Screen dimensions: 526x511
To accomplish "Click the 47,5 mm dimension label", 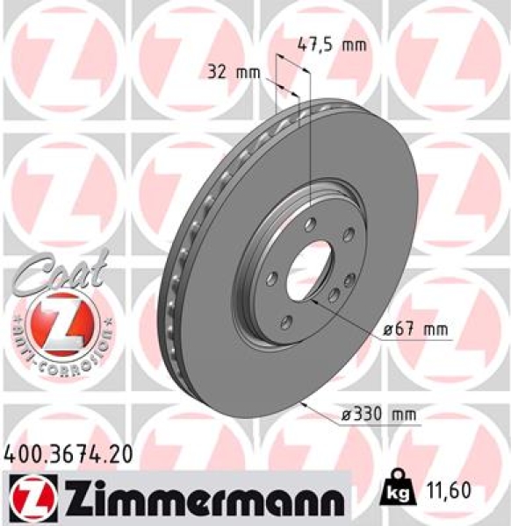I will tap(332, 46).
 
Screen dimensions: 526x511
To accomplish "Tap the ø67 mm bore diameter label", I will tap(415, 329).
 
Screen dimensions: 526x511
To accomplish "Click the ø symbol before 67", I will tap(388, 330).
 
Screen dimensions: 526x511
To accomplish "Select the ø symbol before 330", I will tap(346, 414).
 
